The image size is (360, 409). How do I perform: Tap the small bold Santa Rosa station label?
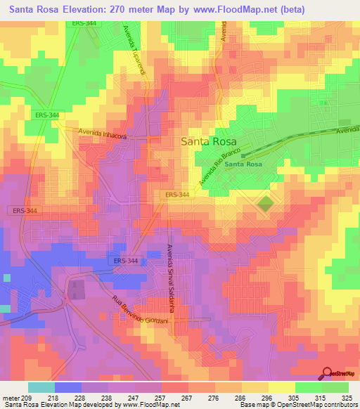(x=243, y=164)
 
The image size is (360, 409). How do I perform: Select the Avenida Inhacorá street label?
(x=103, y=133)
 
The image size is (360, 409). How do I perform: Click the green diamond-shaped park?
(x=266, y=204)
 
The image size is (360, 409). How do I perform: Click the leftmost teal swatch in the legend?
(x=41, y=387)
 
